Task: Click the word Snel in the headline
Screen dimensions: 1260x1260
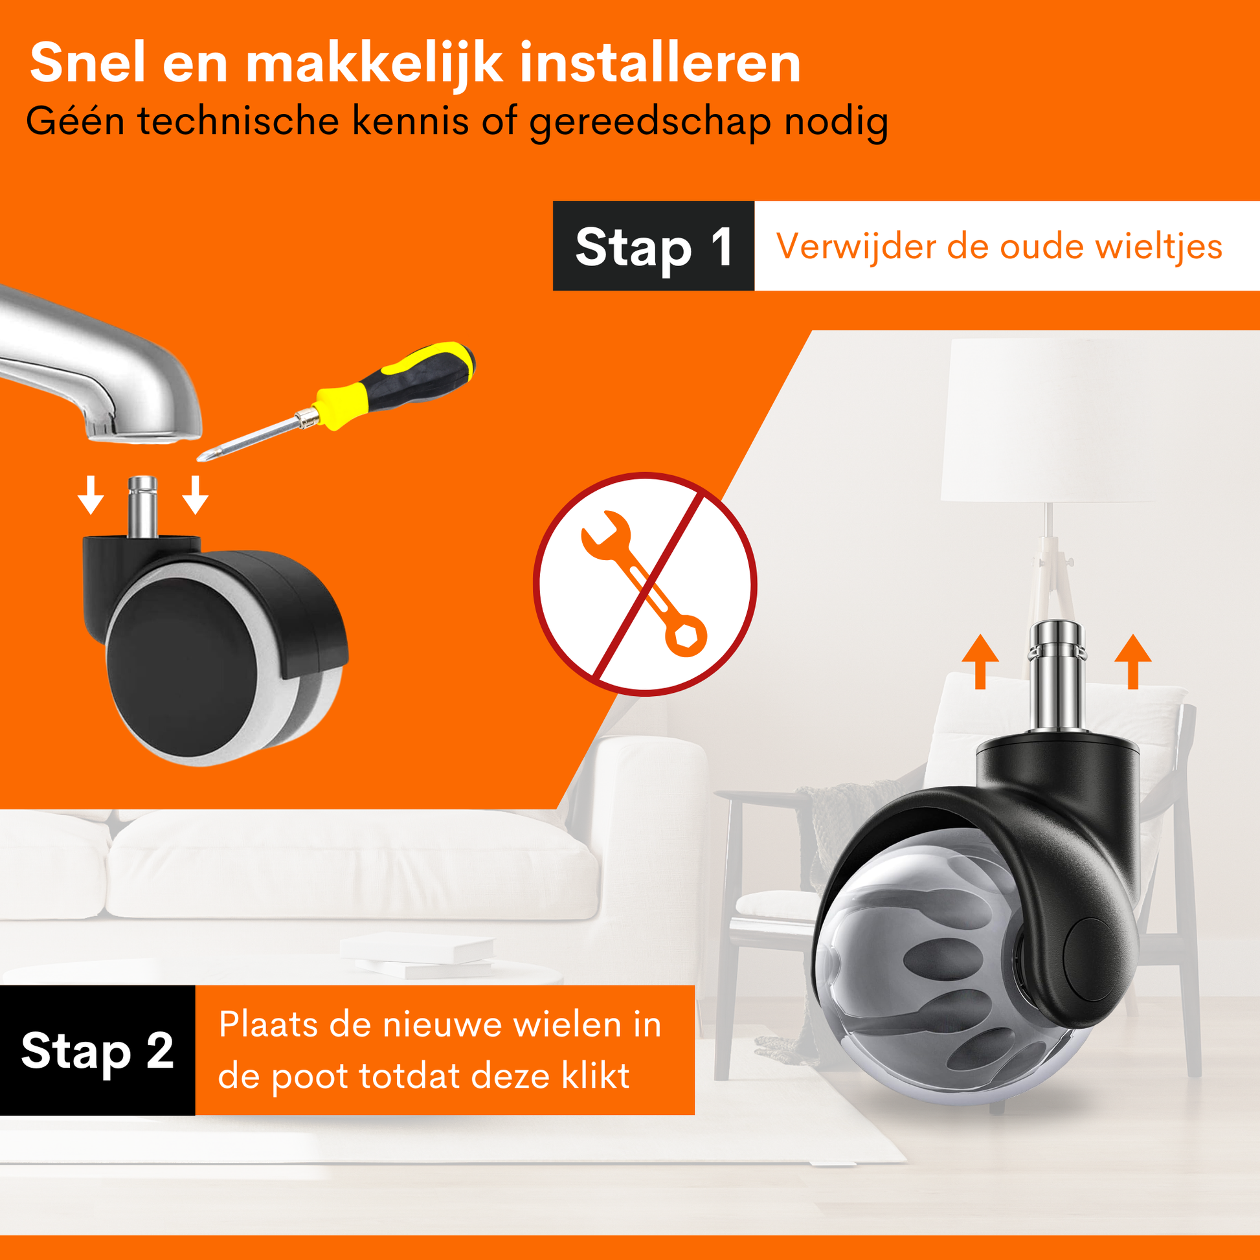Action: (87, 63)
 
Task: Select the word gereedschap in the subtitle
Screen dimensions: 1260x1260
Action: (650, 122)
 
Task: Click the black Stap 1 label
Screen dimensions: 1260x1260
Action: (653, 246)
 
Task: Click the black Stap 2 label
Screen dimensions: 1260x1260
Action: (97, 1050)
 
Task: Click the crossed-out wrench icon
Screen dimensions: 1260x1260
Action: (645, 583)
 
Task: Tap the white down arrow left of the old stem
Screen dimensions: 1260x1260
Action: (91, 495)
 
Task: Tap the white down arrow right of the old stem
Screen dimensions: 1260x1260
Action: (195, 495)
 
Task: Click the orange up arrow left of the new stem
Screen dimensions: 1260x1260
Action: (980, 661)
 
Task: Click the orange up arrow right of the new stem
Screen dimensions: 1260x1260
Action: (1133, 661)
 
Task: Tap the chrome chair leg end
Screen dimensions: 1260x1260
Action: (98, 365)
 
